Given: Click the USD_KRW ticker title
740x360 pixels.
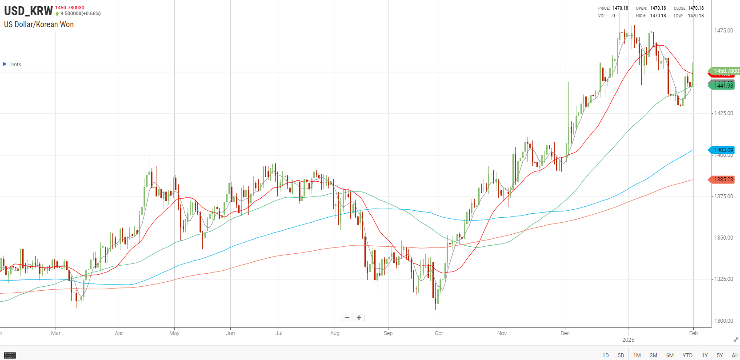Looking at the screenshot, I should [x=28, y=11].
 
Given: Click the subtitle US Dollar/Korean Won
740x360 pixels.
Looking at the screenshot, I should [x=39, y=24].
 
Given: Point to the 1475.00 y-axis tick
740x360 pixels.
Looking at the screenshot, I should [x=724, y=31].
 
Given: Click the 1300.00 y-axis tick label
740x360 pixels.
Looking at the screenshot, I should [x=724, y=321].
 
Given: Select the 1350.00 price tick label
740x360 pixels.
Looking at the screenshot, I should [x=724, y=238].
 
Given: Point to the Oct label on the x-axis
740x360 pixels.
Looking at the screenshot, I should [x=439, y=333].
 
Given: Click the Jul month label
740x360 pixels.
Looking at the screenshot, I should [x=279, y=333].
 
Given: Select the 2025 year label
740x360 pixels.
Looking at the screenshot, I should [x=628, y=340].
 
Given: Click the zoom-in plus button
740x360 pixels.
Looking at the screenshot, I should [x=359, y=318].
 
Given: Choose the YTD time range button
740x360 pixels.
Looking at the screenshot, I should [x=687, y=356].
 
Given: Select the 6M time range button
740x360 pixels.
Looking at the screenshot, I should [x=670, y=356].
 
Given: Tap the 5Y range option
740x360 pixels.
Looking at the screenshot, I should [x=720, y=356].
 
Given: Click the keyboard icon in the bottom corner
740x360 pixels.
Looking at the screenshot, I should [x=10, y=355].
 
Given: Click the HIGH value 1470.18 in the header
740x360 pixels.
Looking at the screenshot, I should [x=658, y=16].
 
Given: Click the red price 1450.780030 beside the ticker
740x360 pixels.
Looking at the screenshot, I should [x=70, y=8].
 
